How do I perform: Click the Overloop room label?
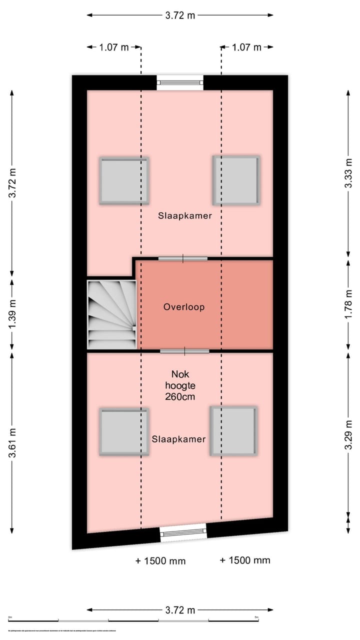click(x=184, y=307)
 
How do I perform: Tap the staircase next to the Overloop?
click(x=112, y=314)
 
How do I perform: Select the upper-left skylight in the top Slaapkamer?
click(x=124, y=181)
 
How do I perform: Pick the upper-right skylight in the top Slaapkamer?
click(x=236, y=180)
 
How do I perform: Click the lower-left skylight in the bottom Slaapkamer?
click(x=124, y=432)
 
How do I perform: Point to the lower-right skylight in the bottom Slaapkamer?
click(x=233, y=431)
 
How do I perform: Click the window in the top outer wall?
click(x=180, y=82)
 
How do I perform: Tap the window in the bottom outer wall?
click(x=183, y=533)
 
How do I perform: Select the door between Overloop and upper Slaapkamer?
click(x=183, y=258)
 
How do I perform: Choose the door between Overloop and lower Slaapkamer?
click(x=184, y=351)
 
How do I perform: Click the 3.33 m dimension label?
click(x=348, y=173)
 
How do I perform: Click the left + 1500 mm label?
click(x=160, y=561)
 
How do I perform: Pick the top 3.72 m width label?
click(x=180, y=15)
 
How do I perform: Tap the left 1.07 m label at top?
click(x=114, y=47)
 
